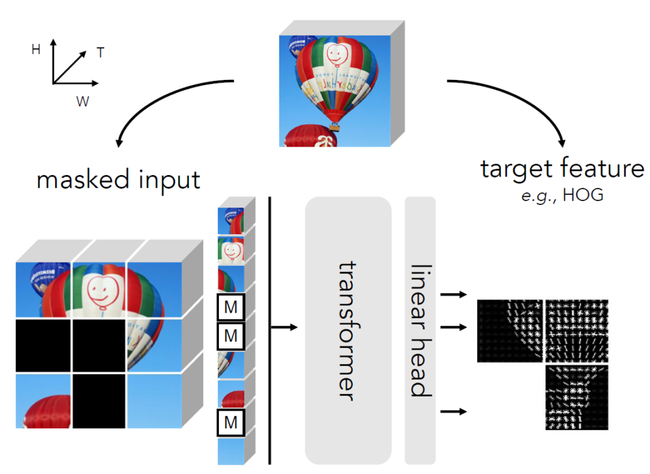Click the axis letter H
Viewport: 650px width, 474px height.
(x=36, y=49)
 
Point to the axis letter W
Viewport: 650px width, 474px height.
(x=83, y=101)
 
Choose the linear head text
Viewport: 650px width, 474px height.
(x=420, y=330)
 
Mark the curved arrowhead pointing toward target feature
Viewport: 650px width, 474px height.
(x=560, y=141)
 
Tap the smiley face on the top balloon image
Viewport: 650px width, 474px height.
(x=338, y=55)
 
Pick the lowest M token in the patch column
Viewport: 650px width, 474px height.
(x=231, y=421)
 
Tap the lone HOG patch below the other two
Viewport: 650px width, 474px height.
(x=576, y=397)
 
